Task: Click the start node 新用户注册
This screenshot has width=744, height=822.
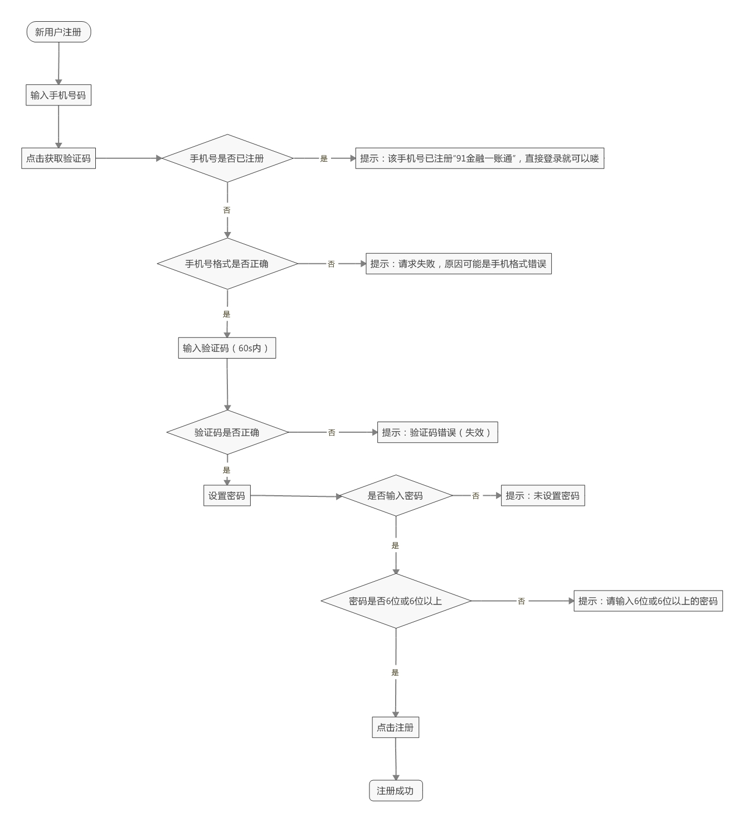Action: (x=59, y=32)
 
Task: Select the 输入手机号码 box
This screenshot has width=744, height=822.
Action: (x=59, y=95)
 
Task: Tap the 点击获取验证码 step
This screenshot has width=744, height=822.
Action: (x=59, y=158)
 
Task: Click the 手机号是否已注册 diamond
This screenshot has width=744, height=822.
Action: (x=227, y=158)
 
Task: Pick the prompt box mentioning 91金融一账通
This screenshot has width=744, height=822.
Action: (x=479, y=158)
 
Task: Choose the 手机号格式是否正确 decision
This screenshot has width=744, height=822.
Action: (x=227, y=264)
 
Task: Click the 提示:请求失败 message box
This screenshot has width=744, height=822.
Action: (x=458, y=264)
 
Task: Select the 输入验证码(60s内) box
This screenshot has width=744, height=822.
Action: (x=227, y=348)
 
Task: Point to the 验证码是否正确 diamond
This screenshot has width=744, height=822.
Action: (x=227, y=432)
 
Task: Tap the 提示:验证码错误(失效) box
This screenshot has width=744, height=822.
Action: (x=437, y=432)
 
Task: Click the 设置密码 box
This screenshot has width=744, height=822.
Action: (x=227, y=495)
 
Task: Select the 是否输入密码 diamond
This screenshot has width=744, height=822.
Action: (x=396, y=495)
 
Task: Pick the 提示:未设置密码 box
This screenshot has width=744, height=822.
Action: (x=542, y=495)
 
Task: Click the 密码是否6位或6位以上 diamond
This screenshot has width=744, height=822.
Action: (x=396, y=601)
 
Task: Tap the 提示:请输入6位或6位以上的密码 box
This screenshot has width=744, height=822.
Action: (x=648, y=601)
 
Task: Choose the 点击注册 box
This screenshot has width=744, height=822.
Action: (x=395, y=727)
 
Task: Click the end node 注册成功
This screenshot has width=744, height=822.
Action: (x=396, y=790)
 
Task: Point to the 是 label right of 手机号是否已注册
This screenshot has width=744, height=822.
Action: (x=324, y=158)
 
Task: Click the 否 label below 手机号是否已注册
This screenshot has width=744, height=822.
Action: (x=227, y=210)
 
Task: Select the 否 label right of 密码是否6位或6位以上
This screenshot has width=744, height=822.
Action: (x=521, y=601)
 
